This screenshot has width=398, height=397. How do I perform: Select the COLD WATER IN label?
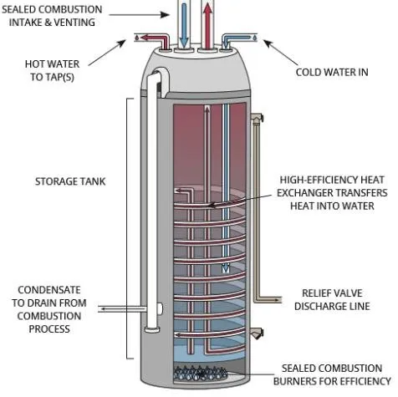[x=331, y=72]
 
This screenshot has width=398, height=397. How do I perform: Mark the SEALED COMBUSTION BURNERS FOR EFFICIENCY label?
[x=333, y=374]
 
